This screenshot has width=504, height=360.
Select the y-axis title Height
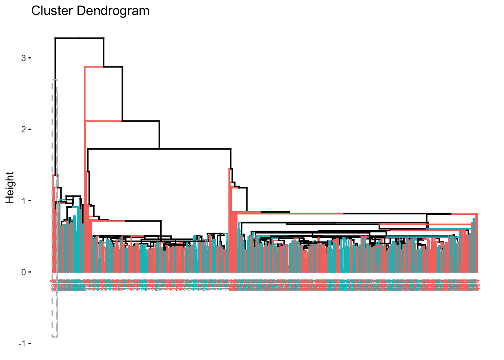pos(10,187)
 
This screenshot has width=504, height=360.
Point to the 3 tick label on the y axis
pos(23,58)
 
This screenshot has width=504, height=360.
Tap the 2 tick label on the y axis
pos(23,129)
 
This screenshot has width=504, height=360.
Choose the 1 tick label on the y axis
pos(23,201)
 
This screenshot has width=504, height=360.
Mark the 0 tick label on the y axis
pos(23,272)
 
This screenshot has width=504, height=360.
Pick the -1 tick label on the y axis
pos(22,343)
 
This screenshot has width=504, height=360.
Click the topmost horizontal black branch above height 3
pos(79,38)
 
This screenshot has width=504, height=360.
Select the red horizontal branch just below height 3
pos(94,67)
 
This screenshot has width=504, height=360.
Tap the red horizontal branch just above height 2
pos(103,121)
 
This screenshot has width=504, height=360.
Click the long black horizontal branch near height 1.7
pos(159,149)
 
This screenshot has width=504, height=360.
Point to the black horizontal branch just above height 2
pos(141,121)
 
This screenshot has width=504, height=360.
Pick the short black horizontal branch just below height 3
pos(113,67)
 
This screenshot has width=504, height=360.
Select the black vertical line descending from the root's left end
pos(55,105)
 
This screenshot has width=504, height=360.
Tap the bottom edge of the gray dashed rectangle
pos(55,337)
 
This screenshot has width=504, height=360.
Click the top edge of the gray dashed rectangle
pos(55,79)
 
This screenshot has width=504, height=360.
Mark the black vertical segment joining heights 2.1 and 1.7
pos(159,135)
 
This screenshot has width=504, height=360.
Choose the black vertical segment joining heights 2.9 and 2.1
pos(122,94)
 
